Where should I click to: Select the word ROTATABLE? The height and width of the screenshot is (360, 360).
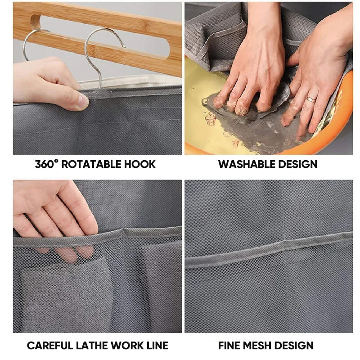pyautogui.click(x=91, y=164)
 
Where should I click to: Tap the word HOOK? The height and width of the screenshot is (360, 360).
pyautogui.click(x=140, y=164)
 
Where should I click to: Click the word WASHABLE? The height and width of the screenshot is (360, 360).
pyautogui.click(x=247, y=164)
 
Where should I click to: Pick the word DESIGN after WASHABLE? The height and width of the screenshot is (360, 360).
pyautogui.click(x=298, y=164)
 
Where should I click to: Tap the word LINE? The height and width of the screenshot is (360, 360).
pyautogui.click(x=157, y=345)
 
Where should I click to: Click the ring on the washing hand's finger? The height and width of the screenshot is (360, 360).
pyautogui.click(x=311, y=99)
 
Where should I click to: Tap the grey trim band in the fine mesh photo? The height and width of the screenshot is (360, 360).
pyautogui.click(x=269, y=250)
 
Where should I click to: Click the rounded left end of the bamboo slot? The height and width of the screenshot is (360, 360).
pyautogui.click(x=35, y=22)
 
